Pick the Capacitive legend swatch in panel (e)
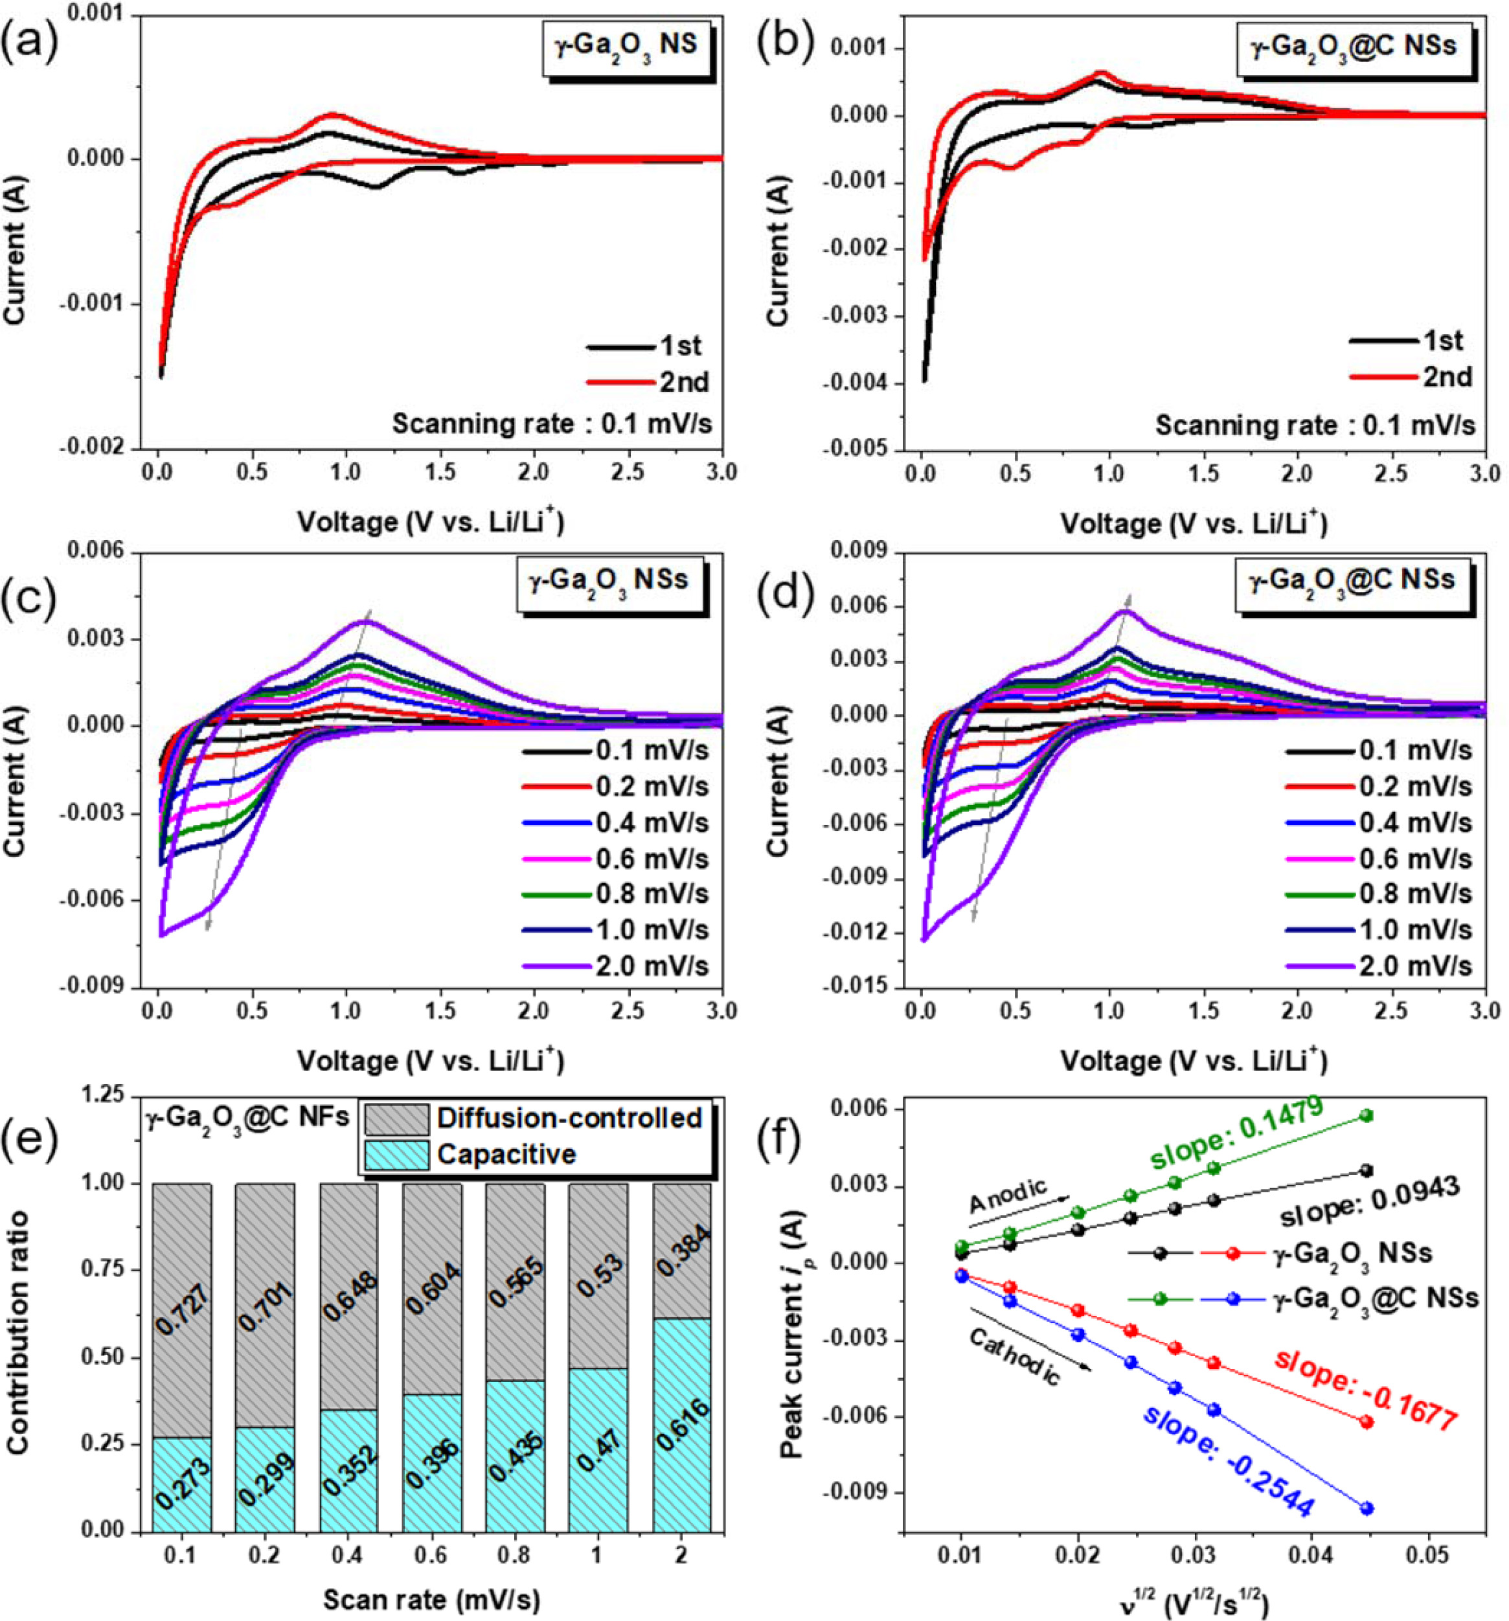pyautogui.click(x=396, y=1155)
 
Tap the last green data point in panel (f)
pyautogui.click(x=1367, y=1115)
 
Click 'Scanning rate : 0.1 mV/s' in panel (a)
pyautogui.click(x=558, y=424)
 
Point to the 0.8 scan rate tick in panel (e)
pyautogui.click(x=514, y=1555)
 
